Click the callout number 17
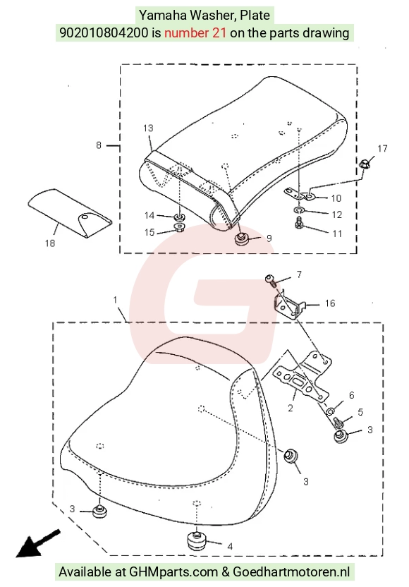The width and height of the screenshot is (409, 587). (382, 149)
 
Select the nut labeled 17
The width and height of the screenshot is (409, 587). (365, 164)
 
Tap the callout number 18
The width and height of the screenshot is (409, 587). (50, 243)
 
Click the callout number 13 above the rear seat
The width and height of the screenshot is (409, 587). (148, 128)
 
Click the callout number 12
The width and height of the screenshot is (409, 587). (337, 214)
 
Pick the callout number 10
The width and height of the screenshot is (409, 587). (336, 198)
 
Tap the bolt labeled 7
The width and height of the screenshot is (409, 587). (271, 279)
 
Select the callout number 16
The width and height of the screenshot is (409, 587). (330, 303)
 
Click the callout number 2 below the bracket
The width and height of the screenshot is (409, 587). (291, 408)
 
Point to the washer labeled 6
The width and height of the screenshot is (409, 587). (331, 411)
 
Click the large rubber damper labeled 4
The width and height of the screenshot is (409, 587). (197, 540)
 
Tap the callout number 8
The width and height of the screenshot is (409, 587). (99, 145)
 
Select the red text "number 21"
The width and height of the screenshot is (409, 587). (195, 33)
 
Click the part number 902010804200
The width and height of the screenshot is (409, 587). (104, 33)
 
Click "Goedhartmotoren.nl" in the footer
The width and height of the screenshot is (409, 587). (291, 571)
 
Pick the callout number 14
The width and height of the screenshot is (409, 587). (149, 215)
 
